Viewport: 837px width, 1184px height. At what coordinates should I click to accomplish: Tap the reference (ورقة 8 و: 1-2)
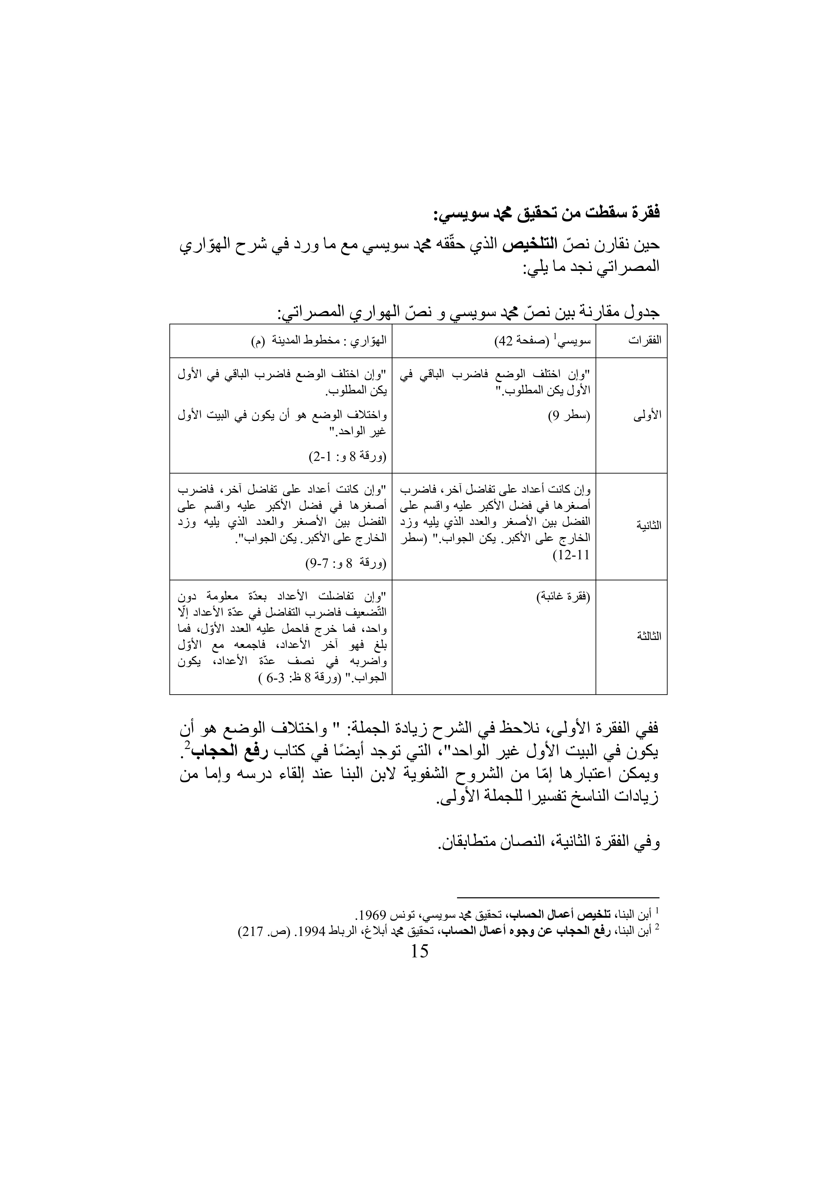click(x=347, y=457)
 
